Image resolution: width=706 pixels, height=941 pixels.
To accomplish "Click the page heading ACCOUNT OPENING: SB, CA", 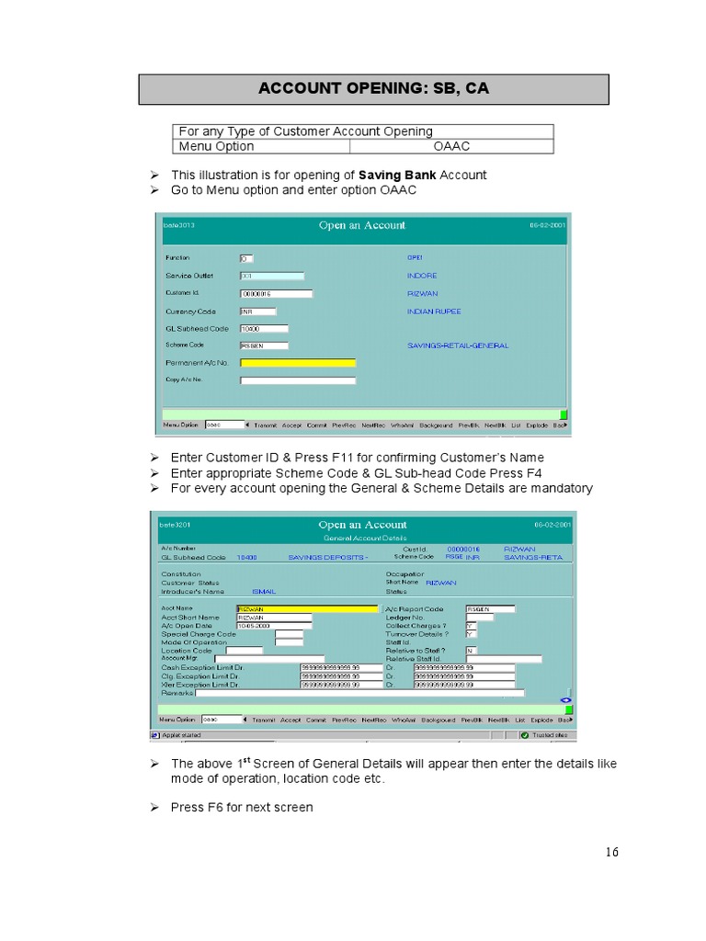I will [x=373, y=89].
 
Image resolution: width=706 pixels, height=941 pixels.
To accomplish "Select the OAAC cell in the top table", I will [x=451, y=146].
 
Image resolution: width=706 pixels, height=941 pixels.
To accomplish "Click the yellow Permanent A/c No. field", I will [x=297, y=363].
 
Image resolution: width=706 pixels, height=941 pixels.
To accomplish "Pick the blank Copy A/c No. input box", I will [x=297, y=380].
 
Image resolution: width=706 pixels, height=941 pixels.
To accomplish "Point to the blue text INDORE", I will [x=422, y=276].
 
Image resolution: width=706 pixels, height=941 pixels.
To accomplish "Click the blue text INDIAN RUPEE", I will [x=434, y=312].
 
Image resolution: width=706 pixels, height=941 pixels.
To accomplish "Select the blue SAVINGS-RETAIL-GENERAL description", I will [x=457, y=346].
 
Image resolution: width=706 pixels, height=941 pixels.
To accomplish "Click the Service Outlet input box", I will [x=271, y=276].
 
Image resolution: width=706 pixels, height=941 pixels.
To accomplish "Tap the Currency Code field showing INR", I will [x=257, y=312].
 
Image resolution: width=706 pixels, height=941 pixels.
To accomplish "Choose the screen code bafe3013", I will [x=179, y=225].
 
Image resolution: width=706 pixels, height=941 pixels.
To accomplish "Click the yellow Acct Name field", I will [x=306, y=608].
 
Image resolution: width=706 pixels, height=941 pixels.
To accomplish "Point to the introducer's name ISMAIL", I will [x=263, y=592].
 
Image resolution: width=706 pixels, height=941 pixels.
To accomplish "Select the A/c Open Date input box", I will [x=273, y=626].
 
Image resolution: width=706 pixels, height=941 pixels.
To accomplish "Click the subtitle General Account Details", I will [x=361, y=537].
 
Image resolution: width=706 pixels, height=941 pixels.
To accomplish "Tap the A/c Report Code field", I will [x=490, y=608].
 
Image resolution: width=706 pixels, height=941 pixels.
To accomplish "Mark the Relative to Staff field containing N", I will [x=471, y=651].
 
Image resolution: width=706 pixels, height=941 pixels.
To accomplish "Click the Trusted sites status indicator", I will [x=549, y=735].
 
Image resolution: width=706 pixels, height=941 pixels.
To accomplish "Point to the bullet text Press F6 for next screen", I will [x=242, y=808].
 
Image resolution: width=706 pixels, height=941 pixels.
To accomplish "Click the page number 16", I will [x=611, y=853].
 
